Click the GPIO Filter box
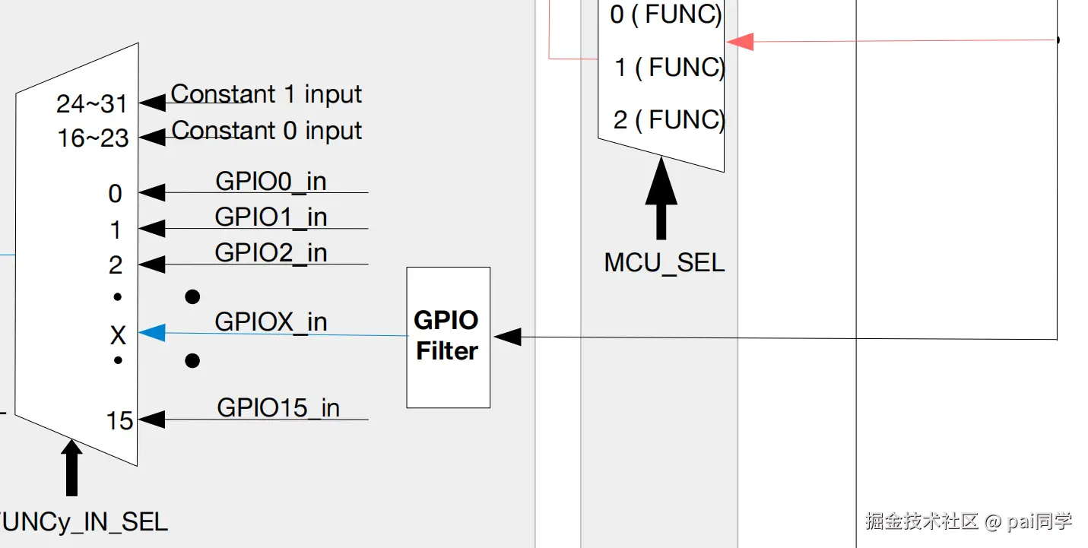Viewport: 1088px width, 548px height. (448, 337)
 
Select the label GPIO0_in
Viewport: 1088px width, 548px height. (271, 181)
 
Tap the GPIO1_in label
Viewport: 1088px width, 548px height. (271, 217)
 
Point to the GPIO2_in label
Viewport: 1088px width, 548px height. (271, 252)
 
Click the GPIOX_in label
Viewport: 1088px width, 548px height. (271, 322)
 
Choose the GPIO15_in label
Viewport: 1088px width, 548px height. (278, 407)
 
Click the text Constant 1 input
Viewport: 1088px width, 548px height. (266, 94)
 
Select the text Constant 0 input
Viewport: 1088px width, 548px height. (266, 130)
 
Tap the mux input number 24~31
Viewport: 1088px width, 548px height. (92, 103)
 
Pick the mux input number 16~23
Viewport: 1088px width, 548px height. (93, 138)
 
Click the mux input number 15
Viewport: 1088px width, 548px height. (119, 420)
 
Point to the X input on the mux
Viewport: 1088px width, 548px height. (118, 334)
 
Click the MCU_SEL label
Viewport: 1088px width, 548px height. (664, 263)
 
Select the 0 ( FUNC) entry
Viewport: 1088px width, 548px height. (665, 14)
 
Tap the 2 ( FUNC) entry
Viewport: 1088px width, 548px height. (668, 119)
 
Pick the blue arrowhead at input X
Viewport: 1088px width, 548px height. (152, 332)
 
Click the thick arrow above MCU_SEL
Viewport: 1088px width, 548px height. (661, 202)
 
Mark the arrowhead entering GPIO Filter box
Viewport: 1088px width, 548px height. (507, 336)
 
